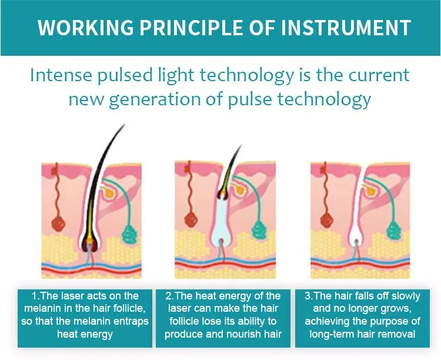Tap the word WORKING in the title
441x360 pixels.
coord(85,28)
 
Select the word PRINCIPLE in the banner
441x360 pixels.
coord(191,28)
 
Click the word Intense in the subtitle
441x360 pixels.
coord(61,75)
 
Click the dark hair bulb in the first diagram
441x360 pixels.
coord(89,244)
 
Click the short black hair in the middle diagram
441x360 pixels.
coord(229,174)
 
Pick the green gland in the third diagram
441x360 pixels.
coord(395,230)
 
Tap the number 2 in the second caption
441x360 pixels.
coord(168,296)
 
